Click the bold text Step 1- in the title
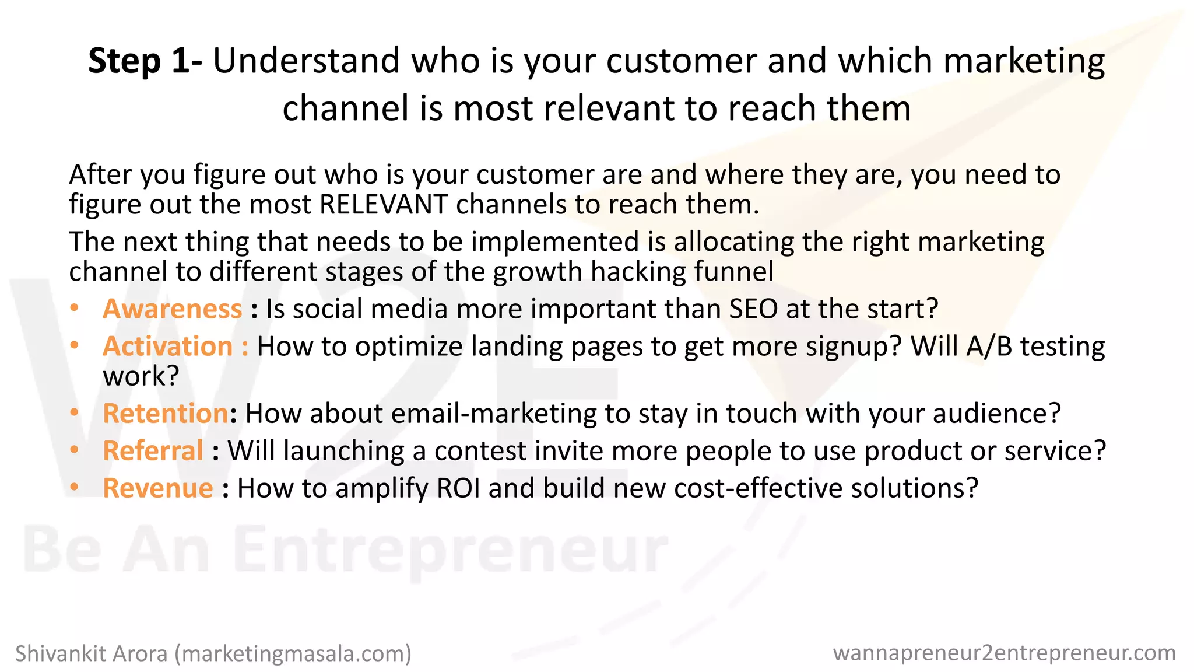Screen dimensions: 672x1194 click(x=145, y=61)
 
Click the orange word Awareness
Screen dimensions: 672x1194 click(x=172, y=309)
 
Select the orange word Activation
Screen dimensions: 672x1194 click(x=168, y=346)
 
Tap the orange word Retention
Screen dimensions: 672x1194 click(x=166, y=414)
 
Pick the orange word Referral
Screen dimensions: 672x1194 click(x=153, y=451)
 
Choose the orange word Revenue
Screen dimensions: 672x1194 click(x=158, y=488)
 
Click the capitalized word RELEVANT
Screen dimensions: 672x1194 click(x=383, y=205)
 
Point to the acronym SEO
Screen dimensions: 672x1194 click(x=753, y=309)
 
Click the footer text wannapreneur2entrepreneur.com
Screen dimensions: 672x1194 click(x=1004, y=653)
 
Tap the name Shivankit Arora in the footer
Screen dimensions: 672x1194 click(x=91, y=654)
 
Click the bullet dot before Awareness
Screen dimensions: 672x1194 click(x=74, y=308)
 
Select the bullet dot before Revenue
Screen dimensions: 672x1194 click(x=74, y=487)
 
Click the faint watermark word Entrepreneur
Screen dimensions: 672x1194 click(x=452, y=551)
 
